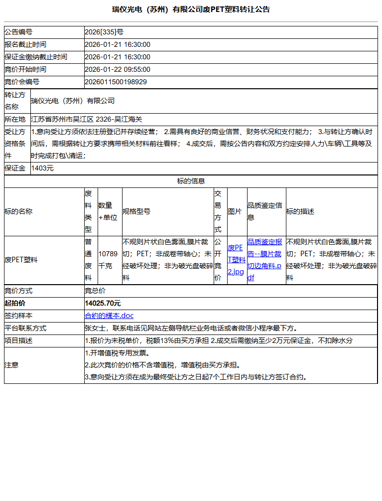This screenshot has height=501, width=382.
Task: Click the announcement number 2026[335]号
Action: click(104, 32)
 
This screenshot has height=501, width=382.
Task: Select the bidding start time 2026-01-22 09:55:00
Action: click(118, 69)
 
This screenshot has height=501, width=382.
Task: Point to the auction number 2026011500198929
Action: click(116, 82)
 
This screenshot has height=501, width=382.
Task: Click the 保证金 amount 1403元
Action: click(42, 168)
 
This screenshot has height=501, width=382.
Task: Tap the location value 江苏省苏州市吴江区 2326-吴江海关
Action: click(87, 119)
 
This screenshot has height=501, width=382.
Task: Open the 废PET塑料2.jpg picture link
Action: click(236, 260)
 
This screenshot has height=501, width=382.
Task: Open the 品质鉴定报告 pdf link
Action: click(265, 260)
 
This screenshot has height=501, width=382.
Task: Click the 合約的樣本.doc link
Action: click(109, 316)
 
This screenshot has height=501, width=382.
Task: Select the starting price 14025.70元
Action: click(103, 303)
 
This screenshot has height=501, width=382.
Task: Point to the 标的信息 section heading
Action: click(191, 181)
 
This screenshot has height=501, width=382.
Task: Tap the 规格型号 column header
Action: click(136, 211)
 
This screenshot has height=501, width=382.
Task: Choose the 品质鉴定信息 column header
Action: click(265, 211)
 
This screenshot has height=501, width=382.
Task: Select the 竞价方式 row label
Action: click(18, 291)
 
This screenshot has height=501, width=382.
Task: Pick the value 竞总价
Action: click(95, 291)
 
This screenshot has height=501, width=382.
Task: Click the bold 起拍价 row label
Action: click(15, 303)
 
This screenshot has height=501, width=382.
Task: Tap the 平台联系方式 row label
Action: click(25, 328)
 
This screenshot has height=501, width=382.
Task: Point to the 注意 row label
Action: click(11, 365)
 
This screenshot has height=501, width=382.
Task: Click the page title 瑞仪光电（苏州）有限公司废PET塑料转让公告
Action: click(191, 9)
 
